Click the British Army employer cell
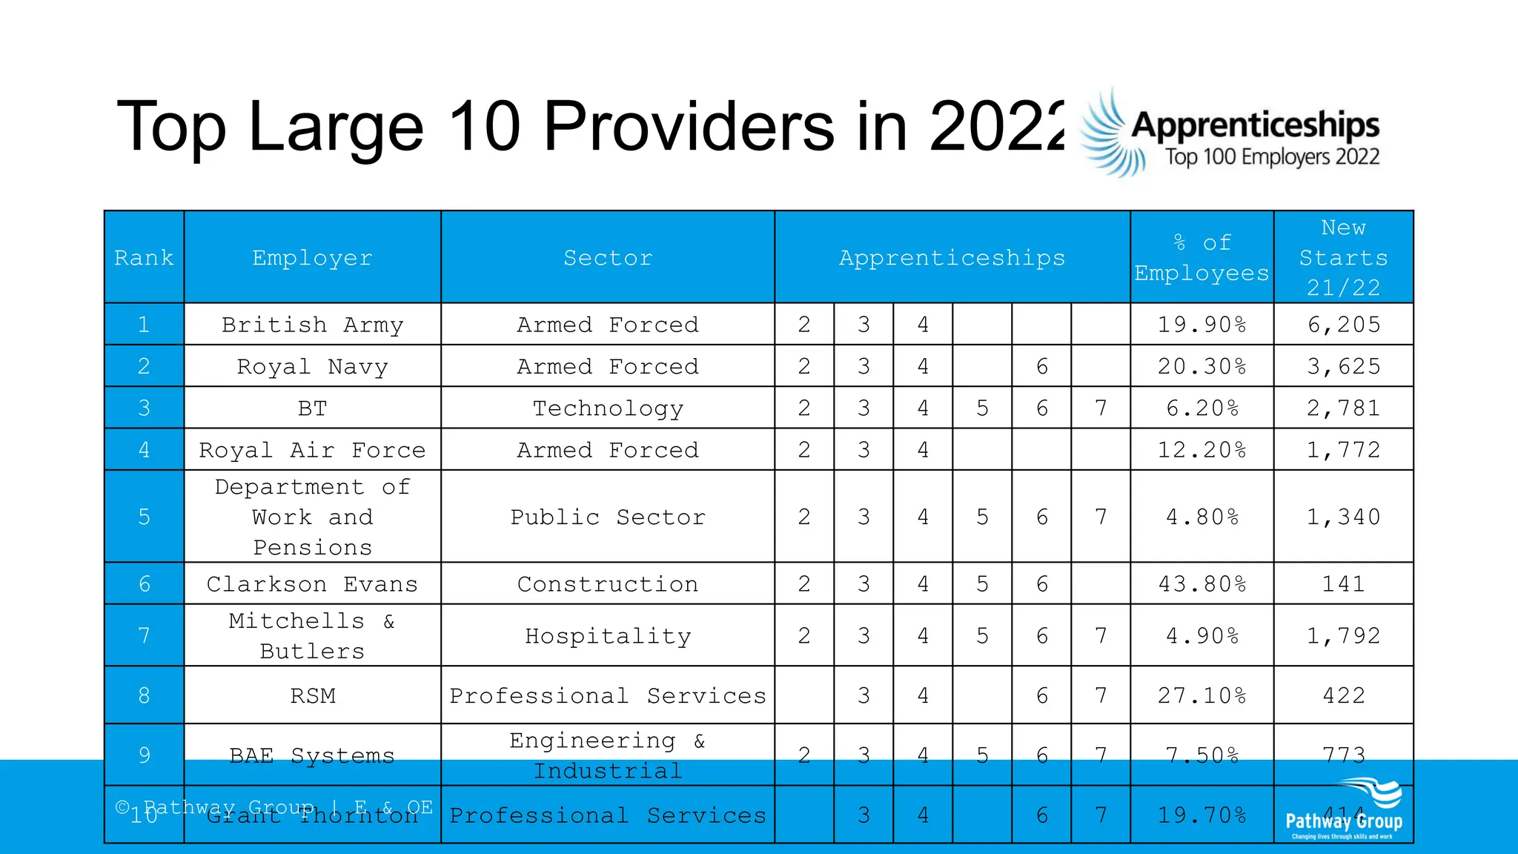click(x=312, y=325)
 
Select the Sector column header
click(x=608, y=258)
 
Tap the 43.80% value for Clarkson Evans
click(x=1202, y=584)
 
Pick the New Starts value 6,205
click(x=1343, y=325)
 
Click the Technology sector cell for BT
click(x=608, y=408)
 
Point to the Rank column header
click(x=144, y=258)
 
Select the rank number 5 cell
click(x=144, y=517)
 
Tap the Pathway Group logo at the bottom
click(x=1343, y=811)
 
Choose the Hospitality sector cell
click(x=608, y=636)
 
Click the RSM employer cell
click(x=312, y=696)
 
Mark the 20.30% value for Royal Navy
click(x=1202, y=367)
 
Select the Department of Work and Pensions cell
click(x=312, y=517)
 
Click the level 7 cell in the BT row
click(x=1101, y=408)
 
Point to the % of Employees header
click(x=1202, y=258)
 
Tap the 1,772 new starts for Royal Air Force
click(x=1343, y=450)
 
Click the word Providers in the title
click(x=689, y=128)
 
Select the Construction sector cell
click(x=608, y=584)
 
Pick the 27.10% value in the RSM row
click(x=1202, y=696)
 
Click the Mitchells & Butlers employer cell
click(x=312, y=636)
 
